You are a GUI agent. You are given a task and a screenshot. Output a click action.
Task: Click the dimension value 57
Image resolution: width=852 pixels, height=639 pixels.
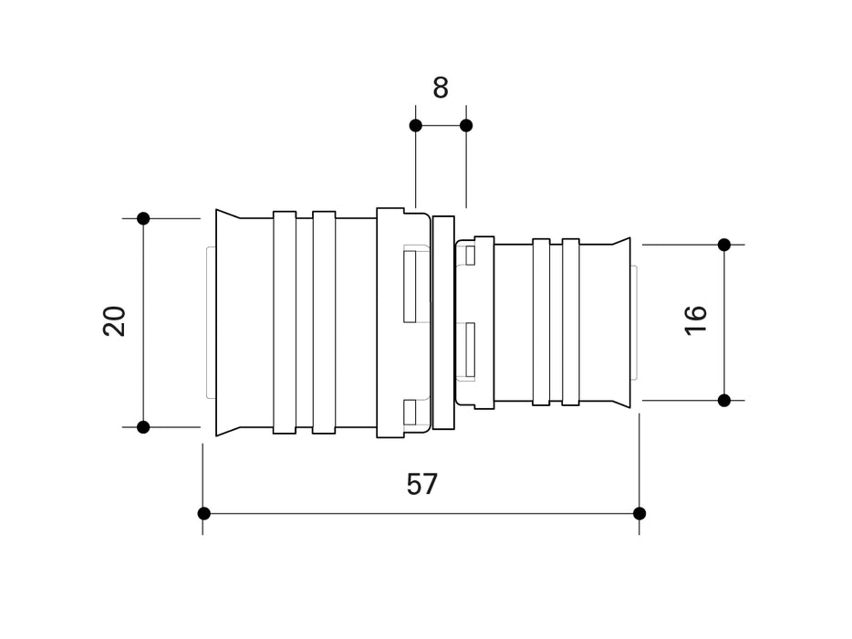(x=422, y=484)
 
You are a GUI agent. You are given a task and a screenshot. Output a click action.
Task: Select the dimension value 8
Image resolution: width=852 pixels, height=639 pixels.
(x=441, y=88)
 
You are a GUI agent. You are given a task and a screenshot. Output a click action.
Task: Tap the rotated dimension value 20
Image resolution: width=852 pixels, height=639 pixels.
(x=115, y=322)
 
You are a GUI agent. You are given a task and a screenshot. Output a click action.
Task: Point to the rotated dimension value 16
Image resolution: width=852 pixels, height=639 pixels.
(x=696, y=319)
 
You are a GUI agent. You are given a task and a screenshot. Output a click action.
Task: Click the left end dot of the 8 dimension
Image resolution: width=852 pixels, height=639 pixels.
(x=415, y=125)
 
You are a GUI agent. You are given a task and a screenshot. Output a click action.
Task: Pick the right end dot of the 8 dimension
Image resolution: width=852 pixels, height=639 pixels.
(x=466, y=125)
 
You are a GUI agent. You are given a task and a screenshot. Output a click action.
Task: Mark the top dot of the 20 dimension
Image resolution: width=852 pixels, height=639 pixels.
(x=143, y=218)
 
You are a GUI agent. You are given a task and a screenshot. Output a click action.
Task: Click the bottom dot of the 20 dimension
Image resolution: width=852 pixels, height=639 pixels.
(x=143, y=426)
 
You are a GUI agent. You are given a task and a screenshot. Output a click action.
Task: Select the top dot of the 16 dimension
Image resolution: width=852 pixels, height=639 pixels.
(x=724, y=245)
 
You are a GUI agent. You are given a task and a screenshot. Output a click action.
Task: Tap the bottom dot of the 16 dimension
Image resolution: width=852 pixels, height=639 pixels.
(x=724, y=400)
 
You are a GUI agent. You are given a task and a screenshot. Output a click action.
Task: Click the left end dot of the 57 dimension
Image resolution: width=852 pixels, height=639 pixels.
(x=203, y=513)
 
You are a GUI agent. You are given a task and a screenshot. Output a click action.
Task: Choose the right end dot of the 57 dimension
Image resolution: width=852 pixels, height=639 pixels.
(x=639, y=513)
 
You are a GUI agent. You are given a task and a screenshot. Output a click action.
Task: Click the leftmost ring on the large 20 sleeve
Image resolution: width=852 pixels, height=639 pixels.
(x=285, y=322)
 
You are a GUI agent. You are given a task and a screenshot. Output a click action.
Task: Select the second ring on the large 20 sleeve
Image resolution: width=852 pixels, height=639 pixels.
(x=324, y=322)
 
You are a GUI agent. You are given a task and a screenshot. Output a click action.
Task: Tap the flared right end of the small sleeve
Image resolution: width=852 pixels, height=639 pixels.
(x=621, y=322)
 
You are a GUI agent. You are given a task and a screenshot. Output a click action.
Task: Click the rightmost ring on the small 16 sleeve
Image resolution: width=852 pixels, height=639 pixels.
(x=571, y=322)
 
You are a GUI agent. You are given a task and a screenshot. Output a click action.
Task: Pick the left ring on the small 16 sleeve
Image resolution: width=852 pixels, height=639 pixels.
(x=541, y=322)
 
